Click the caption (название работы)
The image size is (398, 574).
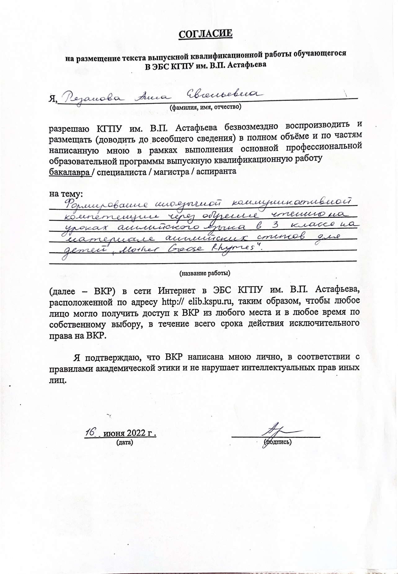[205, 273]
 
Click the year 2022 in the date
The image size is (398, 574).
[135, 433]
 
